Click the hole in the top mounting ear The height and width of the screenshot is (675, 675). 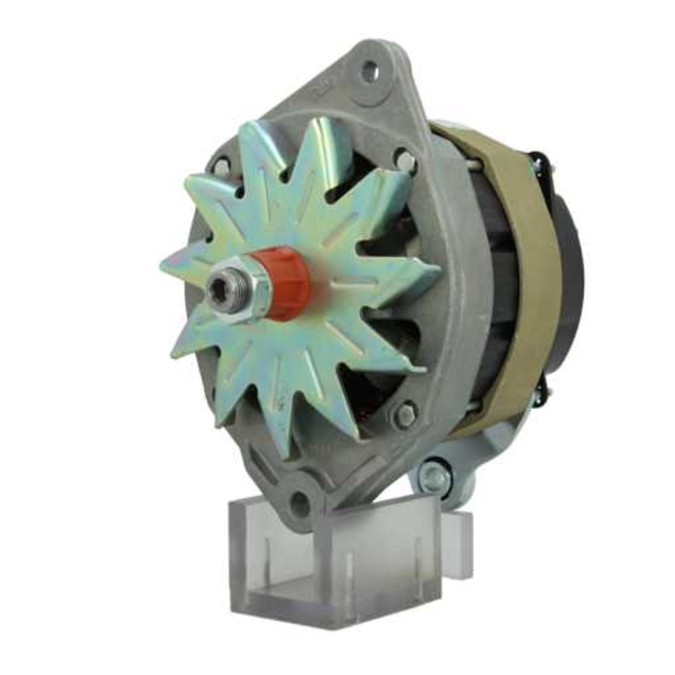[x=369, y=71]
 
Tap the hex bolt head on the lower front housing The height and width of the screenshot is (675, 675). [x=404, y=415]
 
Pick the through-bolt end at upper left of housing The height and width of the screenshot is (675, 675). [x=221, y=167]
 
